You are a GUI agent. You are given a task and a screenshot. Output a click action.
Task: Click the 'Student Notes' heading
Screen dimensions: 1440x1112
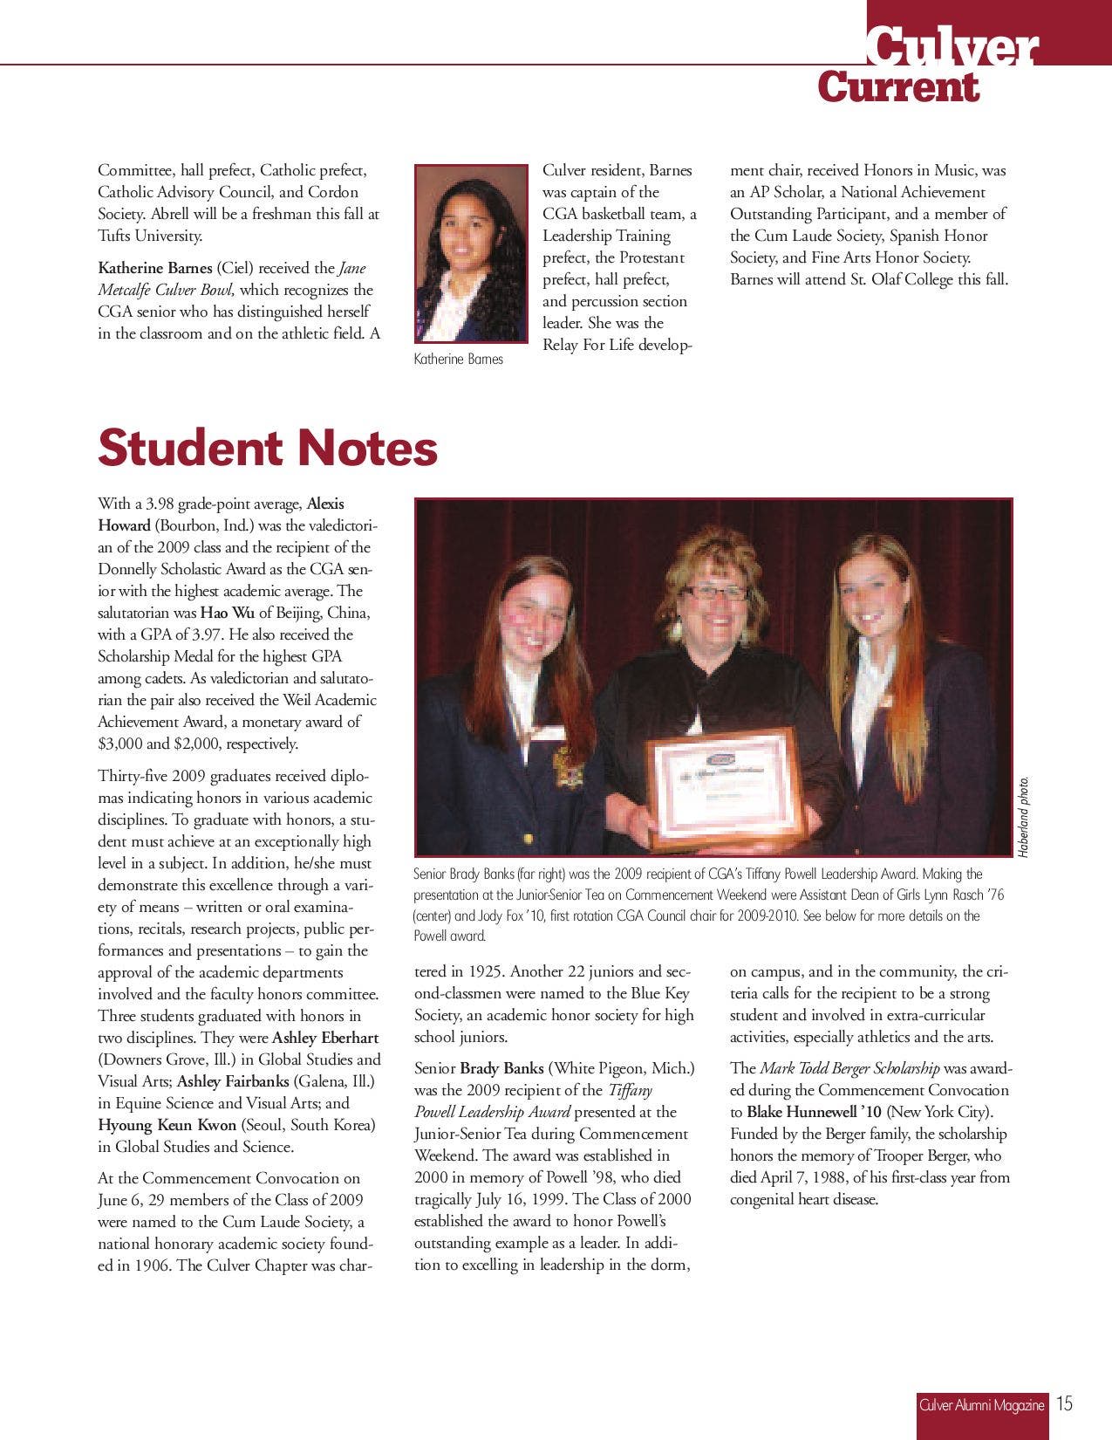pyautogui.click(x=268, y=449)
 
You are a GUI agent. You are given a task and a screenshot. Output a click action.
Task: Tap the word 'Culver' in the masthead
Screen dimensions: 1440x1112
pyautogui.click(x=952, y=48)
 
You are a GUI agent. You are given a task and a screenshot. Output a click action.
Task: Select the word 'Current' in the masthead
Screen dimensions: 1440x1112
pyautogui.click(x=898, y=87)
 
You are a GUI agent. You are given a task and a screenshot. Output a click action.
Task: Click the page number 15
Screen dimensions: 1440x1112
pyautogui.click(x=1064, y=1403)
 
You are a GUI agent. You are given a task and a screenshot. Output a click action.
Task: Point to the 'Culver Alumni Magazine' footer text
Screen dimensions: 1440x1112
pyautogui.click(x=981, y=1404)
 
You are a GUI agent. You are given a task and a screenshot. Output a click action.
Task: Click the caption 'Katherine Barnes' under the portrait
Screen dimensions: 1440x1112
pyautogui.click(x=459, y=359)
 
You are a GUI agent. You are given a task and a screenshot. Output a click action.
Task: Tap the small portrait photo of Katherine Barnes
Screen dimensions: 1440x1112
pyautogui.click(x=471, y=253)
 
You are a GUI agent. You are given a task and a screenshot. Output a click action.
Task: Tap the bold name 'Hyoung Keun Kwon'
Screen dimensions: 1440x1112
pyautogui.click(x=167, y=1125)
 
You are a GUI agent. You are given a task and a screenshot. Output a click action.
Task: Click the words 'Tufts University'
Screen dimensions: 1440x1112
pyautogui.click(x=150, y=236)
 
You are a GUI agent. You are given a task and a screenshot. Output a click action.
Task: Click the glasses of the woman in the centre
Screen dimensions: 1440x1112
pyautogui.click(x=714, y=593)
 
